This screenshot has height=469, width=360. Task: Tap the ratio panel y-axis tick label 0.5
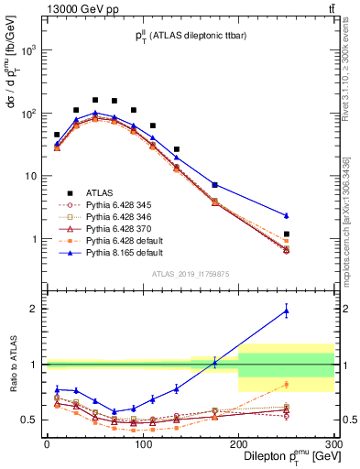coord(31,420)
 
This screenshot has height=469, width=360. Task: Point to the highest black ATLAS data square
coord(95,100)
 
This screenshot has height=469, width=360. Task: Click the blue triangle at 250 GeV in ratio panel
coord(287,311)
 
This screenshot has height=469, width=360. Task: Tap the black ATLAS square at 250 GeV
coord(287,234)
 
